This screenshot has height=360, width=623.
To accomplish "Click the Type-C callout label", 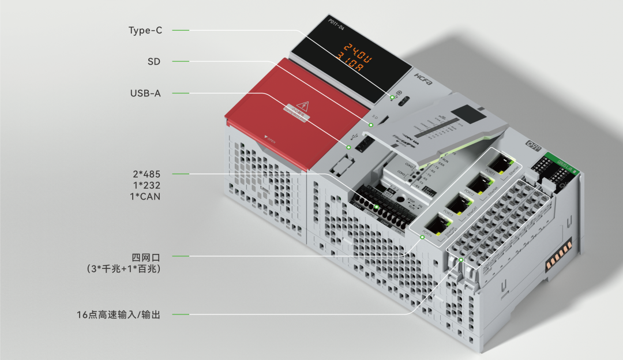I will [145, 31].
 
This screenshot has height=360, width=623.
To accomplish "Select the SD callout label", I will [153, 61].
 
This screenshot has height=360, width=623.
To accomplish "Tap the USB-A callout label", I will [145, 93].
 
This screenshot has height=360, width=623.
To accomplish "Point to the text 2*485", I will [145, 174].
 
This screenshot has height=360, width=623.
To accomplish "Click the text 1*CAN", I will [145, 197].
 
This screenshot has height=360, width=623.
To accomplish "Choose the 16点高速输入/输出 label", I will [118, 315].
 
